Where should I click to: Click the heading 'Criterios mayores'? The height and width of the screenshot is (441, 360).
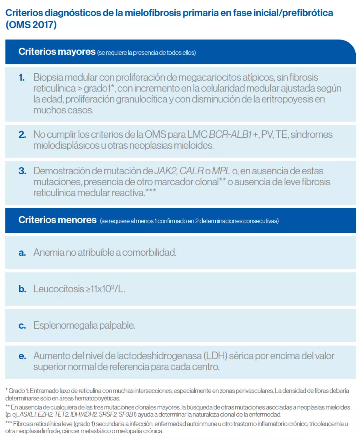57,52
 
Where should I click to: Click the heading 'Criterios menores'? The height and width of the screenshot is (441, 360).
57,220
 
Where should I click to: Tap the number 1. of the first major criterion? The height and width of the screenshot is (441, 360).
22,77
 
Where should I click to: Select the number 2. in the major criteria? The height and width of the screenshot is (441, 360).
22,134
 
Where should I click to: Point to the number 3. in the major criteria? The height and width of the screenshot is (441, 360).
22,171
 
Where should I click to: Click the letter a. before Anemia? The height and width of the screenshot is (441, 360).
22,253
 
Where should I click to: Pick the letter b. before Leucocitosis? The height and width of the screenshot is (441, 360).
22,289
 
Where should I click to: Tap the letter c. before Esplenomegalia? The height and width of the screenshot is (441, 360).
22,326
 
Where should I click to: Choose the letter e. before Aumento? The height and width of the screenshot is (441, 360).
22,356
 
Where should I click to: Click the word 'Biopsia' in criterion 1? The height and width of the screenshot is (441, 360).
48,77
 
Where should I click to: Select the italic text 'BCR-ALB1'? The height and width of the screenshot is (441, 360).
230,134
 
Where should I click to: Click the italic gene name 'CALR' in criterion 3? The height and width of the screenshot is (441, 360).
191,171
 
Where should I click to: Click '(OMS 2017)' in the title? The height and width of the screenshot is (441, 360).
31,25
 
